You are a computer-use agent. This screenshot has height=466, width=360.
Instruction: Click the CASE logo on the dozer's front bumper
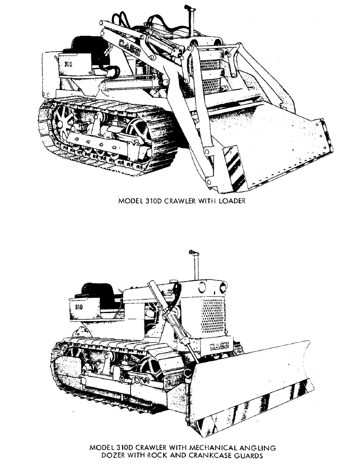219,346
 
